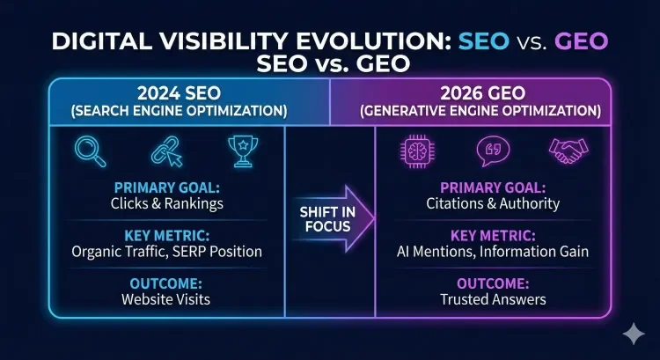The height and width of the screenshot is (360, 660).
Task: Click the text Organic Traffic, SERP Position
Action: [x=166, y=252]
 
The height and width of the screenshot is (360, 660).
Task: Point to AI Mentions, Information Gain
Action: [x=493, y=252]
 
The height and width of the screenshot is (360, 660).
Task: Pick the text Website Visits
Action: [x=166, y=299]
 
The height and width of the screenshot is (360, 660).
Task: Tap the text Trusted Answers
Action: [x=493, y=299]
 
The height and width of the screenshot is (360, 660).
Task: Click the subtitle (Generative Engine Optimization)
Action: [x=493, y=112]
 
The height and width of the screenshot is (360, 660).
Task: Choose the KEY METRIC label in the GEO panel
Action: [x=493, y=236]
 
